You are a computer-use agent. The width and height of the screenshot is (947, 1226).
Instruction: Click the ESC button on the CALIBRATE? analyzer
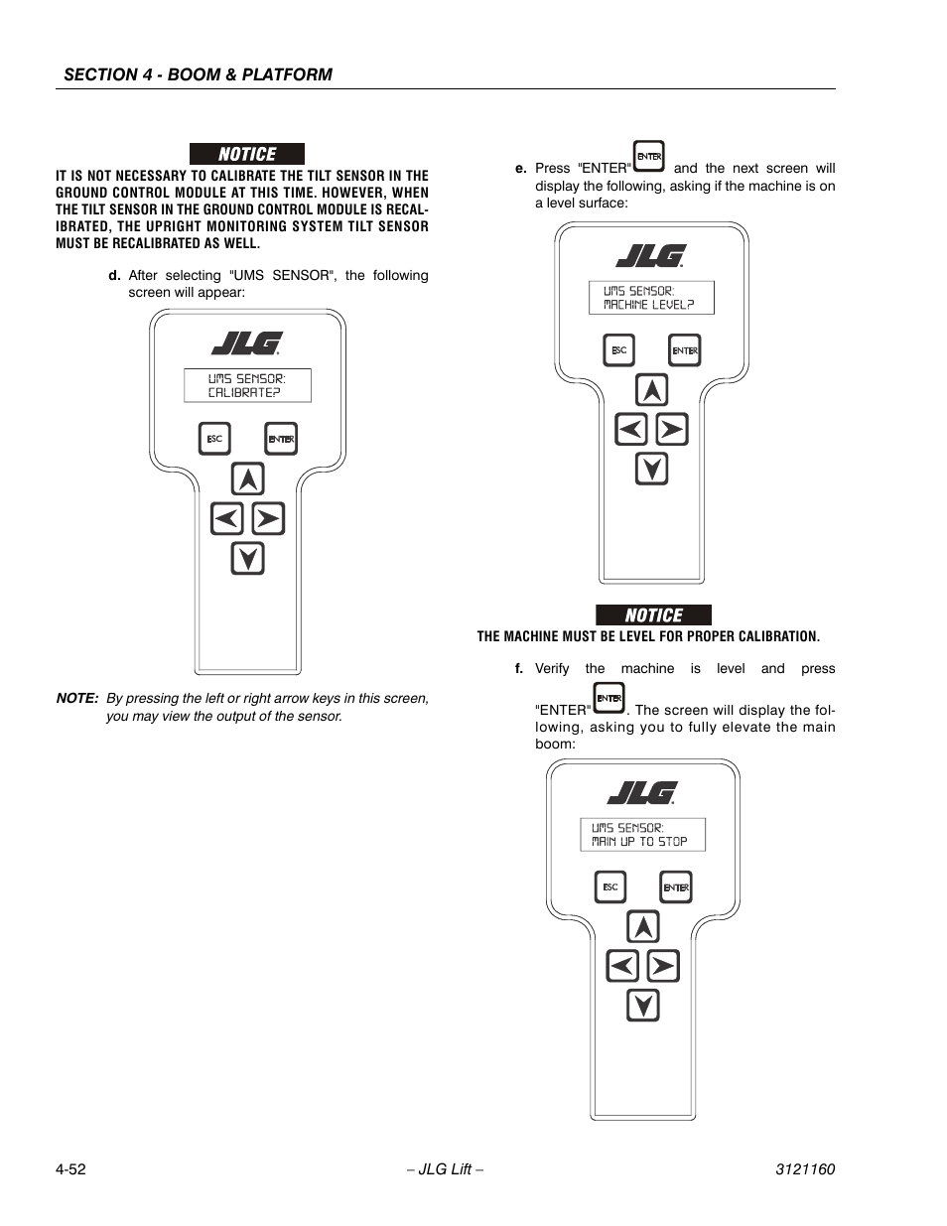215,439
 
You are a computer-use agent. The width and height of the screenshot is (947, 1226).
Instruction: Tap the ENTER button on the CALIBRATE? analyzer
281,439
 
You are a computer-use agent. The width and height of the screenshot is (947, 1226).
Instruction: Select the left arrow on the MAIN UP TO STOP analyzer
622,966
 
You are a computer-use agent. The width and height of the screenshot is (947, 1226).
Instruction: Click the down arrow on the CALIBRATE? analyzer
248,559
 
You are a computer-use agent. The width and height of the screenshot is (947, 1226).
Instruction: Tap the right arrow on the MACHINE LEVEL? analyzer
672,430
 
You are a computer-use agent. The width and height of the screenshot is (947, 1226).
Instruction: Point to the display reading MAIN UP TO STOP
642,835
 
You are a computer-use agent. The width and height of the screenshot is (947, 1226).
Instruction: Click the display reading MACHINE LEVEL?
651,298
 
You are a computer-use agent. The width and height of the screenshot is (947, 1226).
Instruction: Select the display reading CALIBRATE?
247,385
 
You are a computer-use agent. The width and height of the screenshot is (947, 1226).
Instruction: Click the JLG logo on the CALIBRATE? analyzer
247,342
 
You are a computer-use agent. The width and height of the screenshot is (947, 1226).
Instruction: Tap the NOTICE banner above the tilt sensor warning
247,154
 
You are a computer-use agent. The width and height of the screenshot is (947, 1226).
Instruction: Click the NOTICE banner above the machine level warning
653,614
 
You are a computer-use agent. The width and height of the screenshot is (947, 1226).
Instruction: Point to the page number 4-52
70,1169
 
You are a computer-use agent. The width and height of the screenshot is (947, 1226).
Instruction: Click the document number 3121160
804,1169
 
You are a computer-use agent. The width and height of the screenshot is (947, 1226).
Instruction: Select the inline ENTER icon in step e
649,157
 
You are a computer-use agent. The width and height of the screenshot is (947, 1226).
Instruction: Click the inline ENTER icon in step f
609,699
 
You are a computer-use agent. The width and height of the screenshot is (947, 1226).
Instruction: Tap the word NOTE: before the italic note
76,699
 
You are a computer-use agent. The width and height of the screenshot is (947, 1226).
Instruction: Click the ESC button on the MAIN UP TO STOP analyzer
610,887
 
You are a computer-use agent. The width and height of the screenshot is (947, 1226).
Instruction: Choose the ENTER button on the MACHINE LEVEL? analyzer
685,350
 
